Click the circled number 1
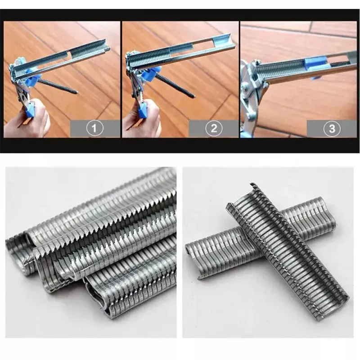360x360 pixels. tap(94, 129)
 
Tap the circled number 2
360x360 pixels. tap(213, 129)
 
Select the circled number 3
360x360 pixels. tap(332, 129)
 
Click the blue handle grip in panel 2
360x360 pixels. tap(142, 111)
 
